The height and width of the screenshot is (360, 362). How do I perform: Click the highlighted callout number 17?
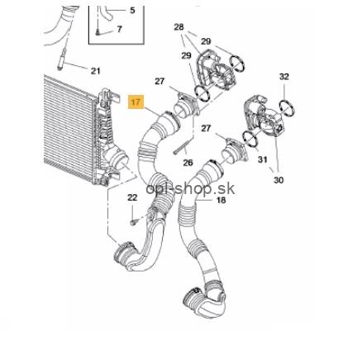(136, 102)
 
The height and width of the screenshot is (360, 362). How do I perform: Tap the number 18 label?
(221, 200)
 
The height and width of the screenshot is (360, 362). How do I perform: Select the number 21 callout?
(95, 71)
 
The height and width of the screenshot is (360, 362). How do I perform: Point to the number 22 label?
(132, 197)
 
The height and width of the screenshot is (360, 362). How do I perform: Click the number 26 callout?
(188, 163)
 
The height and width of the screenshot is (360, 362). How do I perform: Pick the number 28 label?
(179, 27)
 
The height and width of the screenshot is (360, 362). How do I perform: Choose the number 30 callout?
(279, 180)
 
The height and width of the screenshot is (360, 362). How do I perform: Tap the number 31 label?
(263, 159)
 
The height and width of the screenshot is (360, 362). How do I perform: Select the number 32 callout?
(284, 76)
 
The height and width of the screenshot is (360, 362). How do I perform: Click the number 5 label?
(132, 11)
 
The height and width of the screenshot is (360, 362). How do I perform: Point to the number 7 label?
(119, 29)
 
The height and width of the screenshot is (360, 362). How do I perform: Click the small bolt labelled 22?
(133, 222)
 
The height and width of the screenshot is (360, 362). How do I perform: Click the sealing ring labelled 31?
(250, 140)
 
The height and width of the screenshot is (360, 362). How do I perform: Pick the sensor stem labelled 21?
(61, 59)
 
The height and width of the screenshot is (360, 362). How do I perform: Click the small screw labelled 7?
(98, 32)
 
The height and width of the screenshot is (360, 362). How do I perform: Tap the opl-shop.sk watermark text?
(190, 188)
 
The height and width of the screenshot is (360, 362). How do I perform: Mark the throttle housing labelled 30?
(262, 116)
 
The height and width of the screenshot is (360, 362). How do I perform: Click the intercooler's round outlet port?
(120, 160)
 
